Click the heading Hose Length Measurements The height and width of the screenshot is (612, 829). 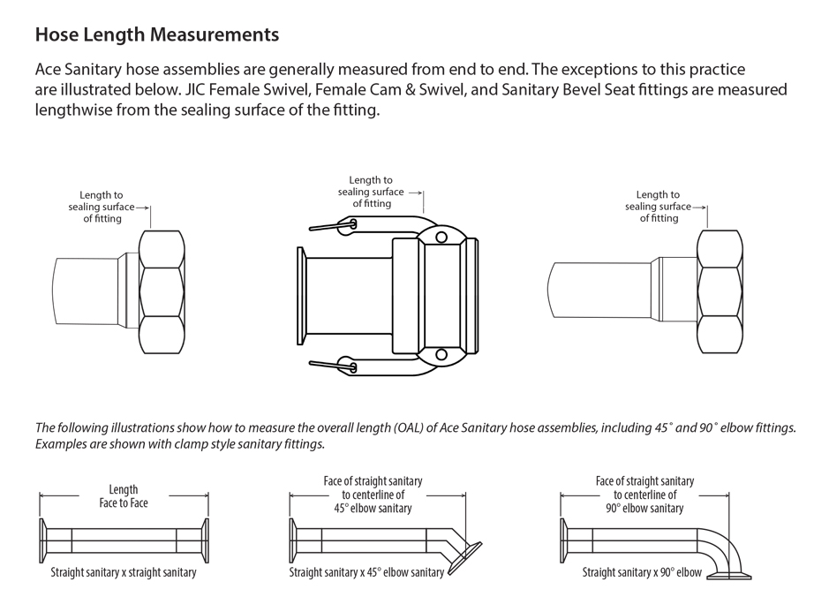tap(157, 35)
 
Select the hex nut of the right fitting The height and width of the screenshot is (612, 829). tap(720, 292)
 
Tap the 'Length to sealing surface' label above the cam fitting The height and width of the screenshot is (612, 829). tap(371, 192)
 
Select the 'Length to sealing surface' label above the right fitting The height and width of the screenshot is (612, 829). tap(658, 207)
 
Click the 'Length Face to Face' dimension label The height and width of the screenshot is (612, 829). tap(124, 496)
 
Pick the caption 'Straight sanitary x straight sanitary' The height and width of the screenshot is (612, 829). tap(124, 572)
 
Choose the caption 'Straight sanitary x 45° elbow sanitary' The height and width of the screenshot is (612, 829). tap(366, 572)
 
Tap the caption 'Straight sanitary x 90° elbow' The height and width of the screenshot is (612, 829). tap(642, 572)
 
